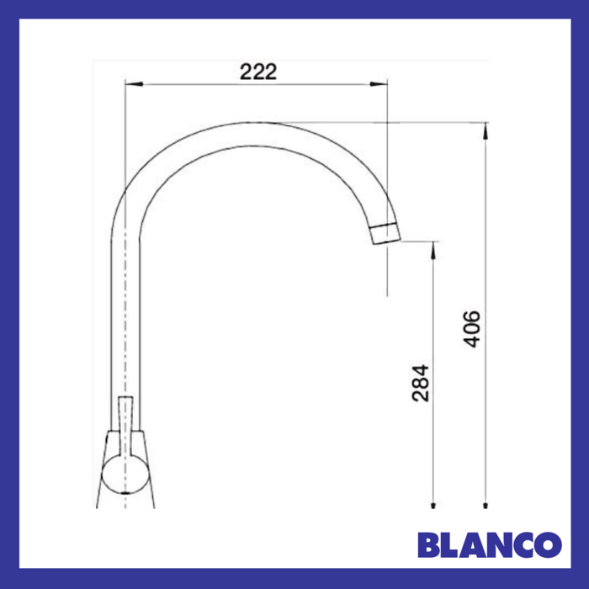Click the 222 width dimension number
(x=257, y=72)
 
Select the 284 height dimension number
(x=422, y=382)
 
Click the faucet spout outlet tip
(x=386, y=233)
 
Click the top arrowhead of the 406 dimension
(x=486, y=129)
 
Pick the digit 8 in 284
(x=422, y=382)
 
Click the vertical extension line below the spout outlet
(x=388, y=269)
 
